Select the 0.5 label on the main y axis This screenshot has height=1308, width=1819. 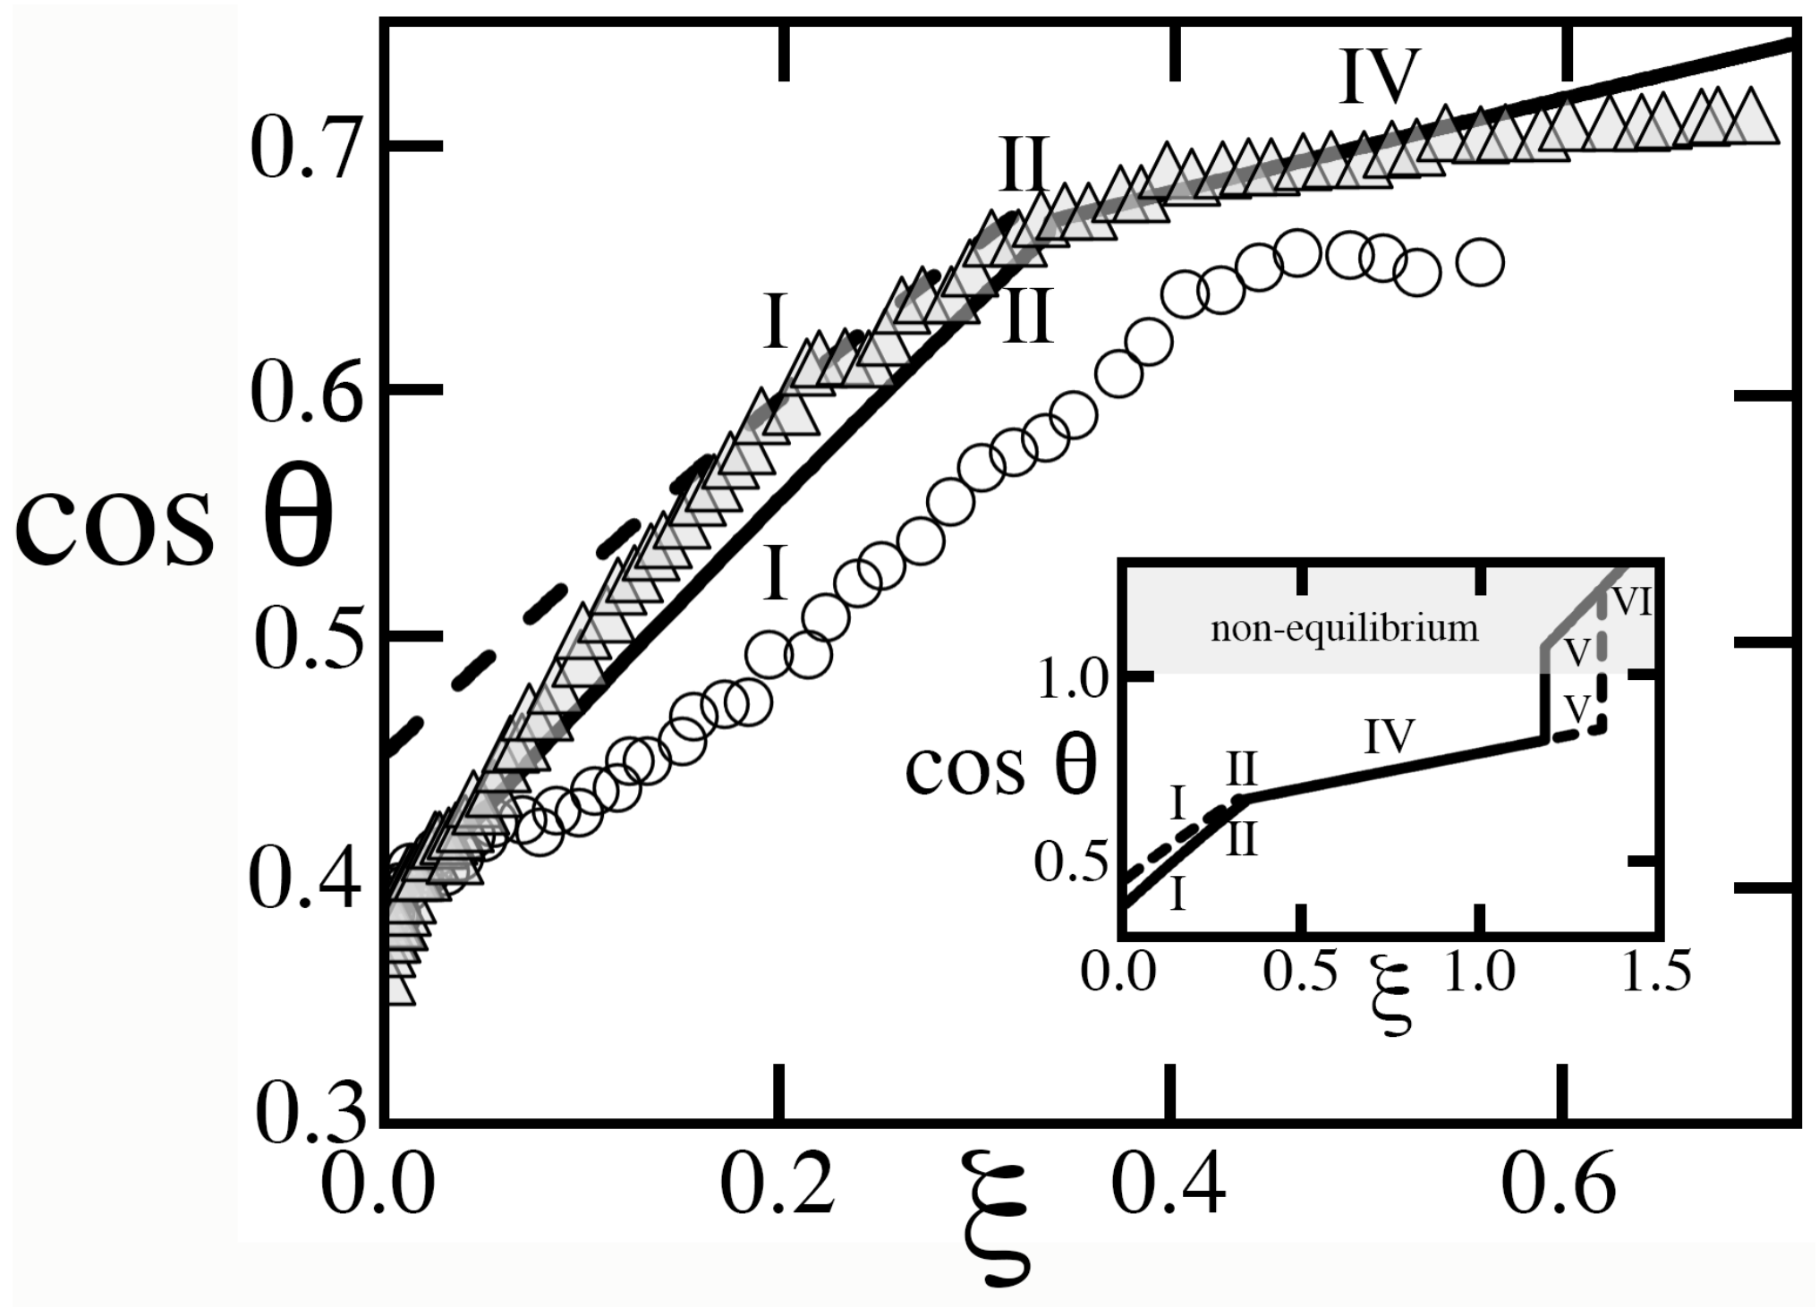[x=301, y=639]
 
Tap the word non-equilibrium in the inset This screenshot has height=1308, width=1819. [x=1345, y=628]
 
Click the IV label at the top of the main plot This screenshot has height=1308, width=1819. [x=1381, y=79]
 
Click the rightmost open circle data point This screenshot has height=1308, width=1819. [x=1480, y=262]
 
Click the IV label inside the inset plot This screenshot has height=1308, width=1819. [x=1390, y=737]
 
